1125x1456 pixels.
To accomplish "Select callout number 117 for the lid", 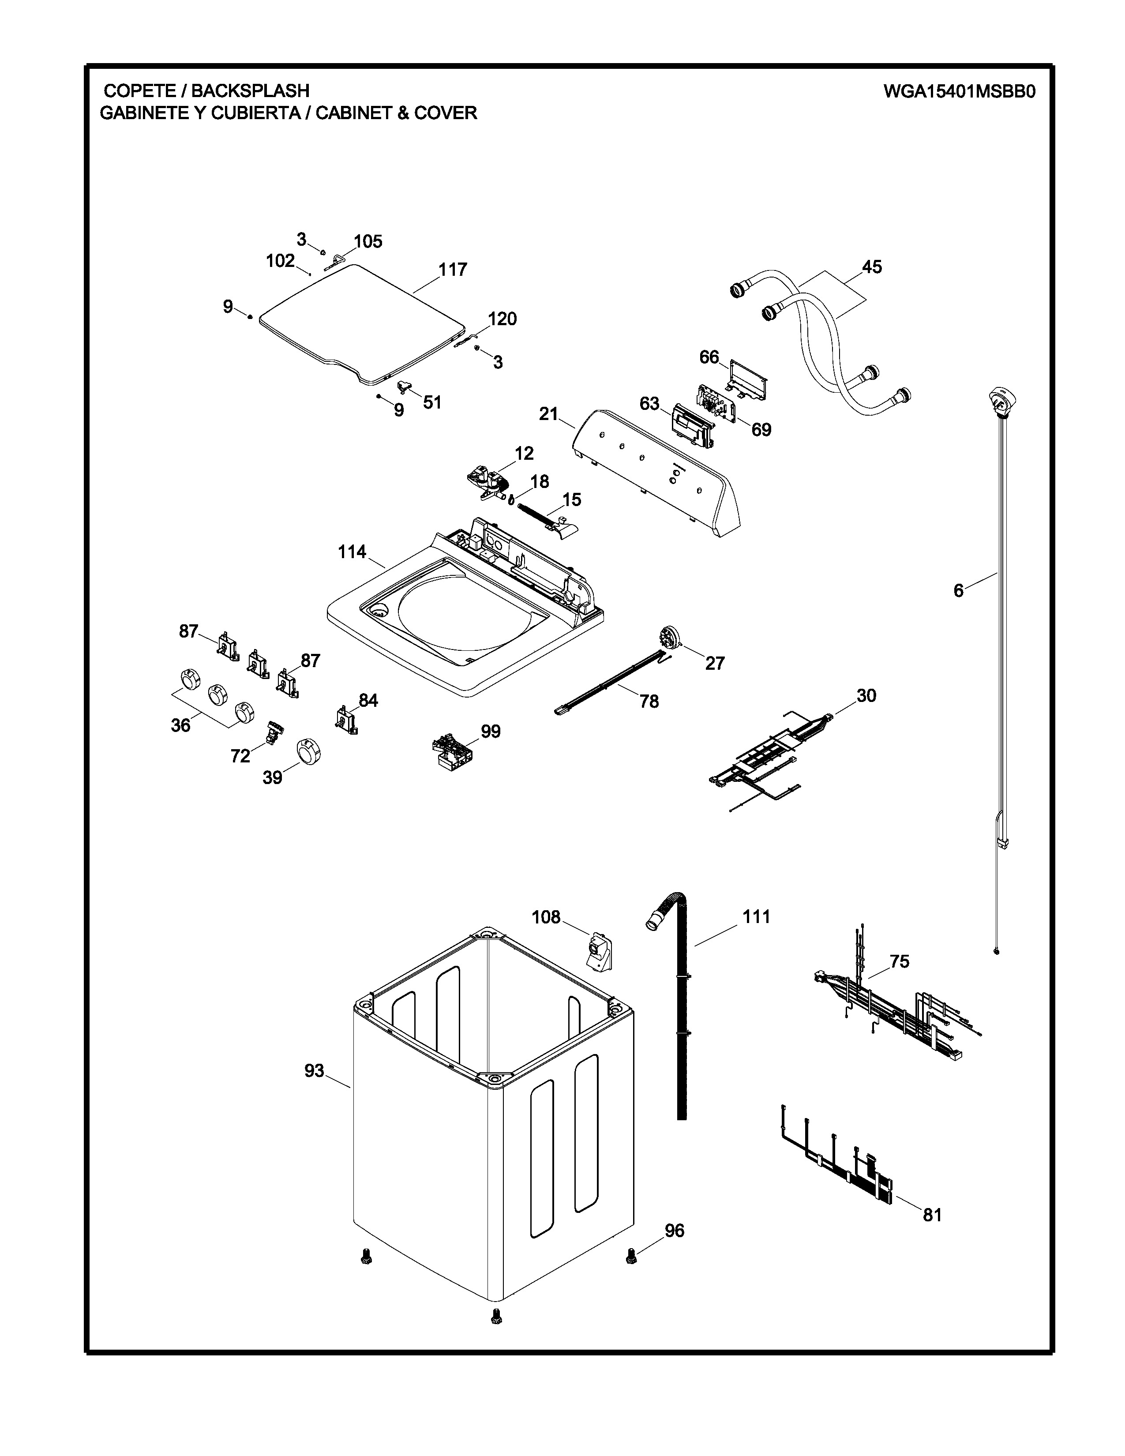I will pos(453,270).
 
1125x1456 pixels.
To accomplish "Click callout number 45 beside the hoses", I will pos(872,267).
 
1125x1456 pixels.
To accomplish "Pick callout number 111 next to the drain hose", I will pos(757,917).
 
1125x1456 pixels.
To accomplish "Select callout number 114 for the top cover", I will pos(352,552).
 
